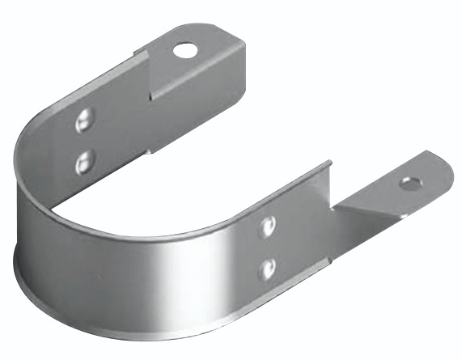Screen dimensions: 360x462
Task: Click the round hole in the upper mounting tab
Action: (185, 50)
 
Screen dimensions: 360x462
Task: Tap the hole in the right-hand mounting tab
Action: (409, 184)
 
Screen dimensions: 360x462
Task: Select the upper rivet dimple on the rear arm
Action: (83, 122)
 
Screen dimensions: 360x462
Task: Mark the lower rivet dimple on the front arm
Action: (268, 267)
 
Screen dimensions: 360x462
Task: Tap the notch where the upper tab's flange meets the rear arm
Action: (150, 97)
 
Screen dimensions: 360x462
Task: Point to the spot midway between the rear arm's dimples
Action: (83, 142)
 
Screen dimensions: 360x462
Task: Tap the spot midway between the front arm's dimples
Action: (268, 248)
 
